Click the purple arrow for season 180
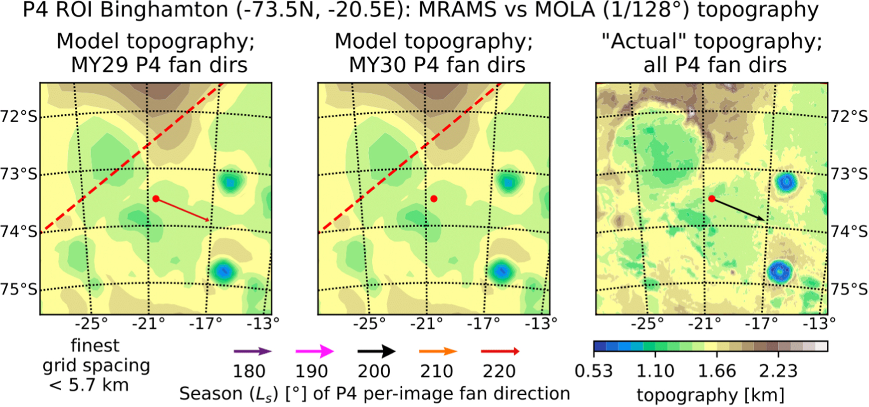click(252, 351)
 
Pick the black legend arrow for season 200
click(376, 351)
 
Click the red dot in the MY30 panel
click(434, 199)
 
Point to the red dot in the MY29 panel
click(156, 199)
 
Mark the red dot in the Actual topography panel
click(712, 199)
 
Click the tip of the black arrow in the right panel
click(765, 220)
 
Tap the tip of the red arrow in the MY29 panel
click(209, 221)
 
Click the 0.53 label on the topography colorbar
click(594, 371)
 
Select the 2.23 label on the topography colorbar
click(778, 371)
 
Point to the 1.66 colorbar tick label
click(717, 371)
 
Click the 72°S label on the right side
click(849, 116)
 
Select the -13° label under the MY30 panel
click(541, 324)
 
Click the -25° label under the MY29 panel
click(91, 324)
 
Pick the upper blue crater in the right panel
click(786, 182)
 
